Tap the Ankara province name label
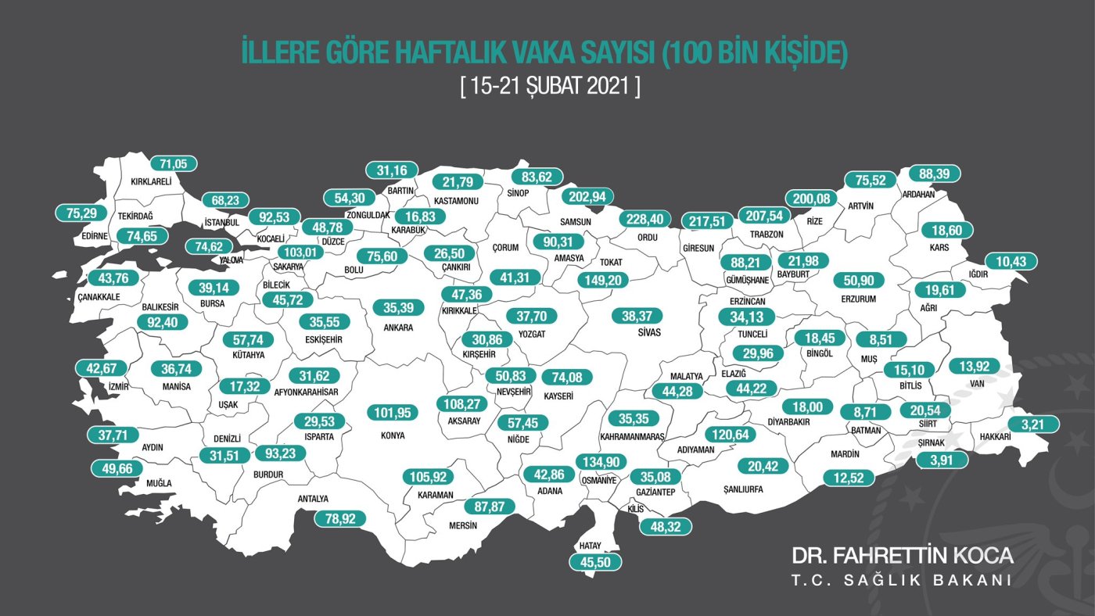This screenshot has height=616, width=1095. (x=398, y=328)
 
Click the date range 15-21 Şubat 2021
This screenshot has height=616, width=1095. (x=551, y=85)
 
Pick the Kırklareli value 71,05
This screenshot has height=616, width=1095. (x=173, y=163)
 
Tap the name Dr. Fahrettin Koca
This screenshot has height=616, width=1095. (x=903, y=556)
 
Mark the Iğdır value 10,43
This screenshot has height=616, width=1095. (x=1011, y=261)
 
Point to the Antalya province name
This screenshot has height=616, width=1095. (x=313, y=499)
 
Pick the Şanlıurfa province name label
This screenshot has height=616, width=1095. (x=738, y=490)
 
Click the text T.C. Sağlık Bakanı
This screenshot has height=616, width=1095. (x=902, y=581)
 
